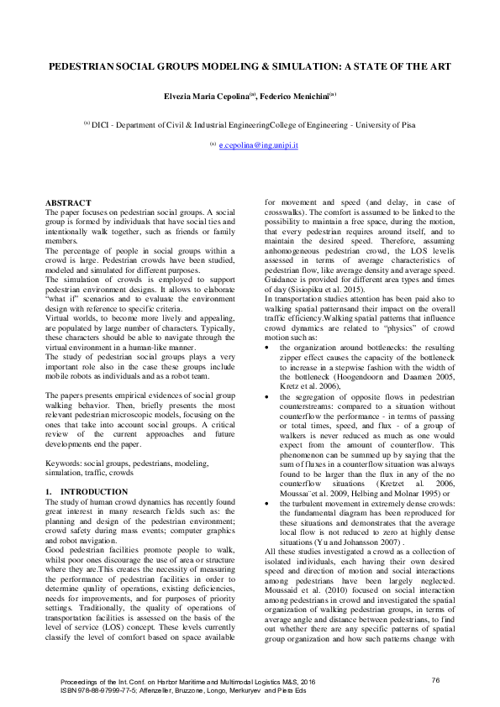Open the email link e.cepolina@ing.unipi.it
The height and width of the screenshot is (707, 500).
click(259, 145)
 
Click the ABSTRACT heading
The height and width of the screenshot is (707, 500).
click(68, 203)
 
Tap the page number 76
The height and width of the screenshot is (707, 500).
click(435, 679)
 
